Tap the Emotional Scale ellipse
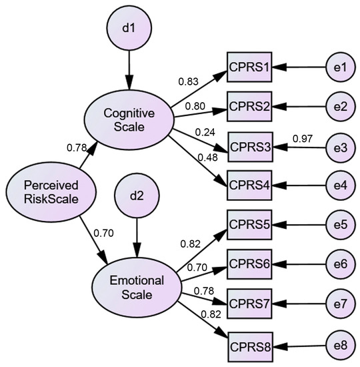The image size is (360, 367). coord(136,287)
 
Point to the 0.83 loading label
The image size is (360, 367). coord(188,81)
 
